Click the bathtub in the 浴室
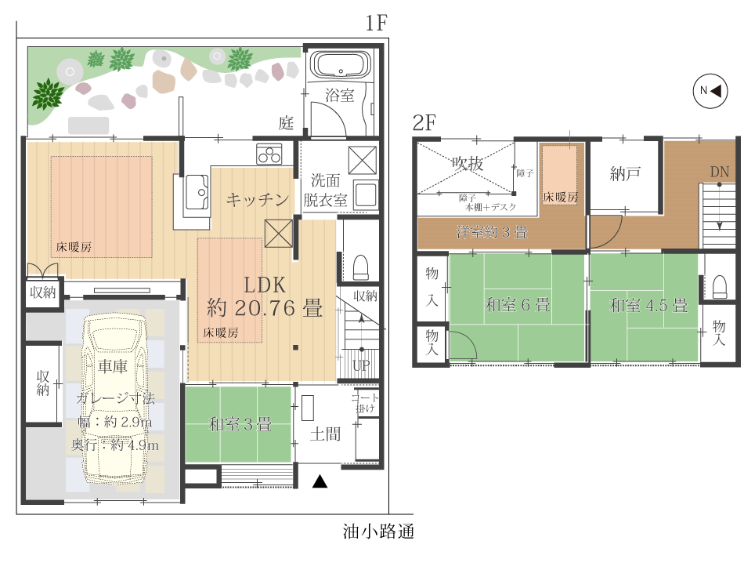341,64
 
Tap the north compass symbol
710,91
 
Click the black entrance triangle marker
320,481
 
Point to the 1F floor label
376,23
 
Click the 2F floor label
424,122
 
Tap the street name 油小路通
378,531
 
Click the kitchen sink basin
197,192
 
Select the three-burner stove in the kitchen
269,154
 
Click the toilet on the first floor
361,267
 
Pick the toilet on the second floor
720,287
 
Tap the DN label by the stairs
719,172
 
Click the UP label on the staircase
362,365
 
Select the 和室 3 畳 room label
240,423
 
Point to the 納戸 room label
625,174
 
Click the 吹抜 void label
468,163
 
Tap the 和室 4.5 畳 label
648,305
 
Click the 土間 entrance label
325,434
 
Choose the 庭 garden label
286,123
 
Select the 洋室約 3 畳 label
492,232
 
